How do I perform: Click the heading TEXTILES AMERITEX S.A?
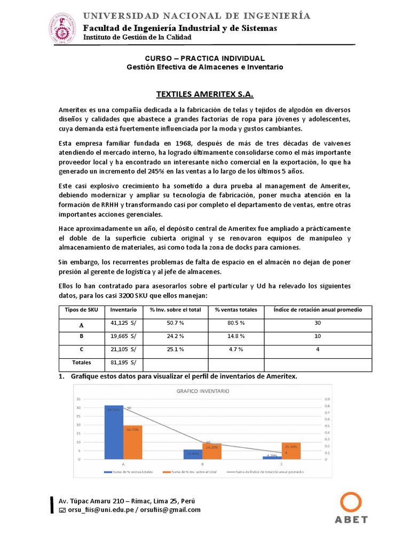point(205,94)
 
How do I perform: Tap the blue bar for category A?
point(114,432)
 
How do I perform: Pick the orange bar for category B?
point(212,451)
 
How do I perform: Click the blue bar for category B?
point(193,454)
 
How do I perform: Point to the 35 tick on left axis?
point(78,399)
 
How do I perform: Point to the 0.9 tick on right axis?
point(327,399)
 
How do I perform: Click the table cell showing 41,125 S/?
point(123,323)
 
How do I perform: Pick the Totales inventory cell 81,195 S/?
point(123,363)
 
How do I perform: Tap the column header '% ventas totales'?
point(236,310)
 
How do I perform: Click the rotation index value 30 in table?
point(317,323)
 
